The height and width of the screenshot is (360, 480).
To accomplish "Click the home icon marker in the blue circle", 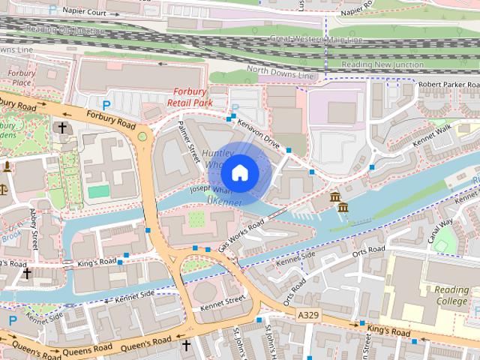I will point(238,173).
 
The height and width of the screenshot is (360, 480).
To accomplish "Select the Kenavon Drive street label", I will point(258,130).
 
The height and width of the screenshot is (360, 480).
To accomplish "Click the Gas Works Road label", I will point(241,235).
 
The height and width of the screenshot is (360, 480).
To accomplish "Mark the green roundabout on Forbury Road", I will point(142,136).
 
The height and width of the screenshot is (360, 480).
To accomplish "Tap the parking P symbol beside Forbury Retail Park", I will point(106,106).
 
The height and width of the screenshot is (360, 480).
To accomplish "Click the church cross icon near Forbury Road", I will point(61,128).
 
